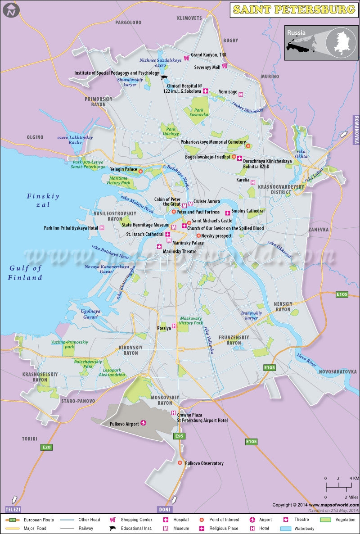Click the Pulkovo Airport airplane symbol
(144, 423)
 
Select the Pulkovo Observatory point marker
(180, 463)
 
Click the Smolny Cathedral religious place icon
(228, 212)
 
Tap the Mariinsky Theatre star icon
(159, 246)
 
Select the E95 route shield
(180, 436)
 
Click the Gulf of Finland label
(26, 273)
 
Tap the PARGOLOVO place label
(128, 22)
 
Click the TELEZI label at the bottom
(13, 509)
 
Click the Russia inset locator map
(320, 43)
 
